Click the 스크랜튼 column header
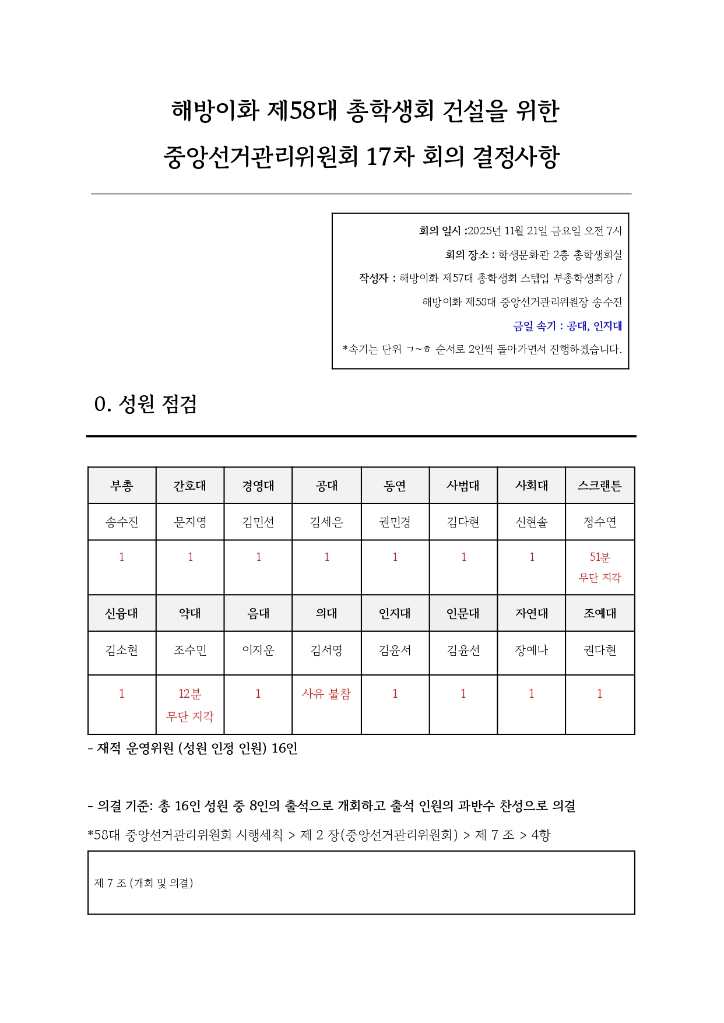599,486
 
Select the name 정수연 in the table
599,522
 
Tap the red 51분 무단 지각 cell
599,567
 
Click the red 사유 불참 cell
326,694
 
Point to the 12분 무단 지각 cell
190,704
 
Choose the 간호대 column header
190,486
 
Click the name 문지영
190,522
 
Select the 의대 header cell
326,613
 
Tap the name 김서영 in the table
326,650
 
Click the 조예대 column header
599,613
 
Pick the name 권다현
599,650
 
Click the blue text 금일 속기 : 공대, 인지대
567,326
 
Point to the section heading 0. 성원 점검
146,404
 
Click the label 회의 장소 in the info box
467,255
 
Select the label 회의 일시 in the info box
441,231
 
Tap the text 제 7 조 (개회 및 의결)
143,883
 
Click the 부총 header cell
122,486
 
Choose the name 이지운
258,650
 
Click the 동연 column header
395,486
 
